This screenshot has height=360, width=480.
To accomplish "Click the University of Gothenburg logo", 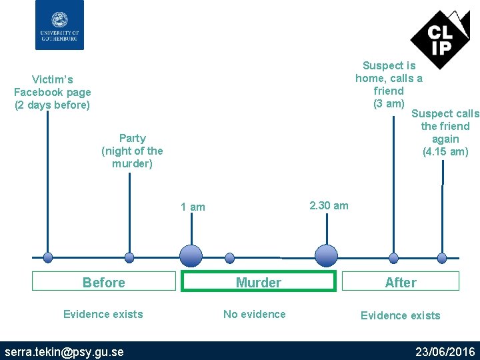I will coord(59,25).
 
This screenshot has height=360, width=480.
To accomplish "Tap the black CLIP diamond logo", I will coord(439,39).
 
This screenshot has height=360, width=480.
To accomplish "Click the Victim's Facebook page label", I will coord(52,93).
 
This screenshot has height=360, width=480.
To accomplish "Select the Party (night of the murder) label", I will coord(132,151).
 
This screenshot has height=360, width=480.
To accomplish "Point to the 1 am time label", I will coord(193,207).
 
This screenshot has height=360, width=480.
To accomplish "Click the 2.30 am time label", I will coord(328,205).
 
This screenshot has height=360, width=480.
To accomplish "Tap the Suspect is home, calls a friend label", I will coord(389,84).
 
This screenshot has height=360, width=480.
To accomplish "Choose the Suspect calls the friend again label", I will coord(445,133).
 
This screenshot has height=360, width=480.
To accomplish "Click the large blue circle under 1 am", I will coord(191,256).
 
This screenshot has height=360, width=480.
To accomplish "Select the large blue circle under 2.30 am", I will coord(326,256).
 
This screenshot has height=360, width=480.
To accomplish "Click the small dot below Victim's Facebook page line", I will coord(47,257).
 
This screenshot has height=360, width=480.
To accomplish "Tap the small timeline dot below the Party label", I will coord(129,257).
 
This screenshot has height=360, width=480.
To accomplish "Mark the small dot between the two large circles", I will coord(230,257).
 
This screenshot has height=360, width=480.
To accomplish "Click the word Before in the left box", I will coord(103,283).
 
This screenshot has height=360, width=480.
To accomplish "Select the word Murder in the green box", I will coord(258,283).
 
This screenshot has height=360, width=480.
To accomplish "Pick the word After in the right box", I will coord(400,283).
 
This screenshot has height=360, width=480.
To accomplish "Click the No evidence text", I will coord(254,314).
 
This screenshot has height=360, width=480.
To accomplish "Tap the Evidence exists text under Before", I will coord(103,314).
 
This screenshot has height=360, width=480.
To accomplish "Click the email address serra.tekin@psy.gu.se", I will coord(64,351).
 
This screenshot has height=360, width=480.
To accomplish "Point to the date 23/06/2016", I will coord(445,351).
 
